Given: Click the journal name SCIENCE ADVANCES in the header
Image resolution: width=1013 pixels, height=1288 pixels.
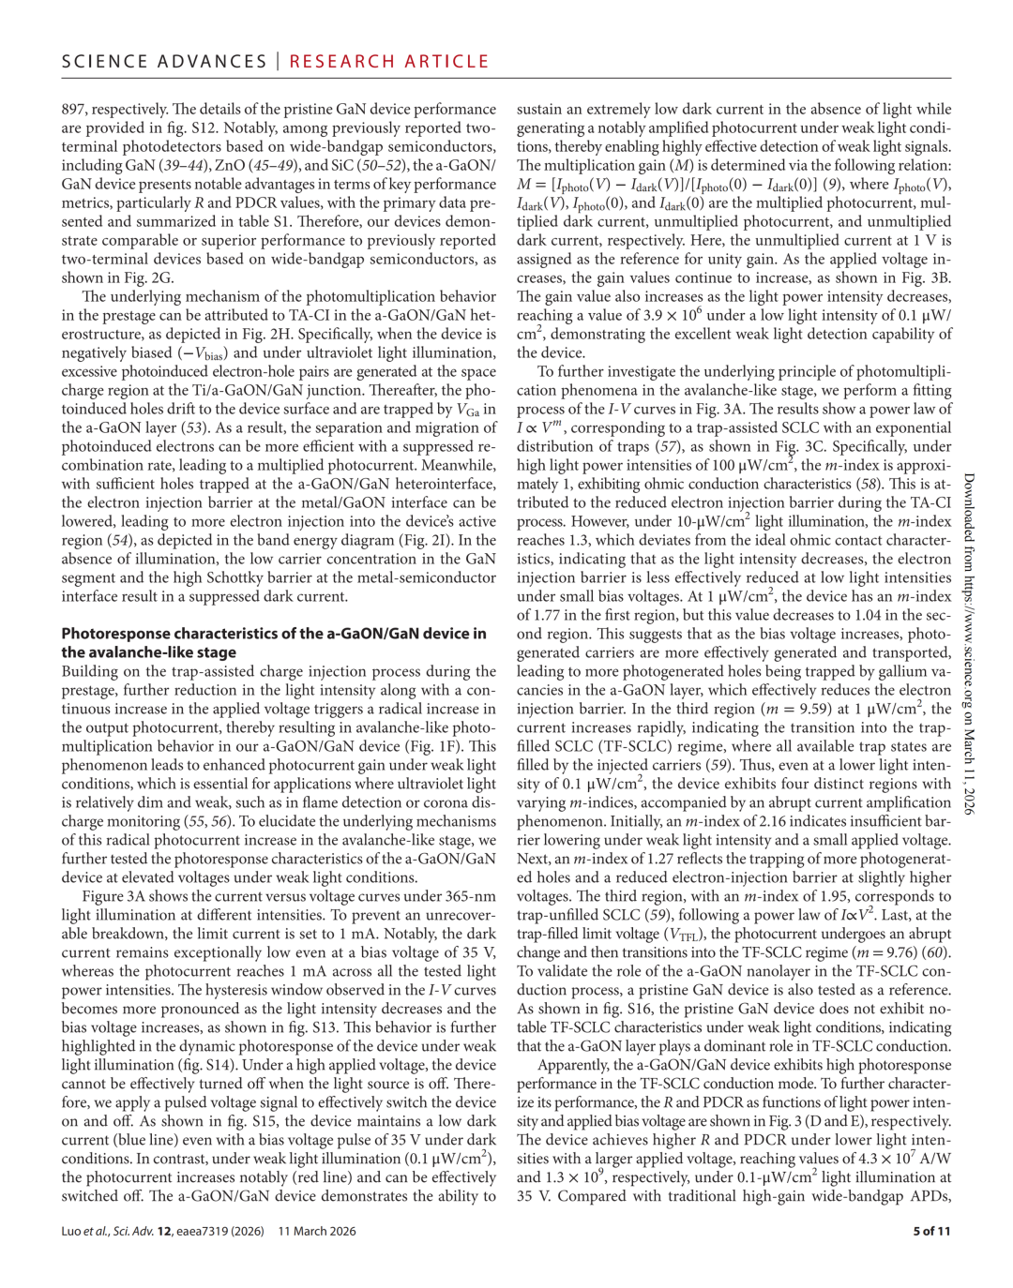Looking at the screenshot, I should click(x=164, y=62).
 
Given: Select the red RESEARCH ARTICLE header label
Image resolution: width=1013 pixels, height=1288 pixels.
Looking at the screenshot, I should click(x=389, y=62).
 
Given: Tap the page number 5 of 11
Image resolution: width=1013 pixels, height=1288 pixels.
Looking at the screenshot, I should click(x=931, y=1231).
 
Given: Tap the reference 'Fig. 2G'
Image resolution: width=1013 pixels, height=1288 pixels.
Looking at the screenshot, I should click(x=149, y=277).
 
